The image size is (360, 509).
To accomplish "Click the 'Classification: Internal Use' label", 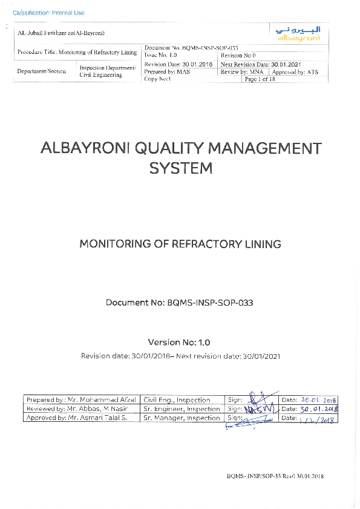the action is pos(48,13).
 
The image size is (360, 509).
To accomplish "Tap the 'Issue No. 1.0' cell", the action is pos(160,54).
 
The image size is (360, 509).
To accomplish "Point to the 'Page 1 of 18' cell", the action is pos(260,79).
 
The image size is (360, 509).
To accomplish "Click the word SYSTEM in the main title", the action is pos(180,169).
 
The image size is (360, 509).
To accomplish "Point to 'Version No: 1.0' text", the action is pos(179,341).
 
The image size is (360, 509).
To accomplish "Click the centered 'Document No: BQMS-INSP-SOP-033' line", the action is pos(179,302).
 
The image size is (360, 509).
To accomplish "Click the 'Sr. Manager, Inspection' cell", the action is pos(182,418).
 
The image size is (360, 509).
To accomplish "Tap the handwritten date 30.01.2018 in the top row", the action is pos(318,400).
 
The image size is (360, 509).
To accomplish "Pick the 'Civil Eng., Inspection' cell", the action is pos(177,400).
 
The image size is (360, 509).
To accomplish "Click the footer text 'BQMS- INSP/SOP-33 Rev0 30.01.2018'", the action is pos(275,476).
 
